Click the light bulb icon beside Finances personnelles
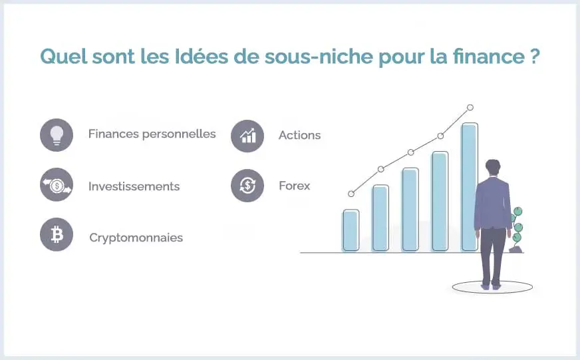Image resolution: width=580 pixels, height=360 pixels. click(x=57, y=135)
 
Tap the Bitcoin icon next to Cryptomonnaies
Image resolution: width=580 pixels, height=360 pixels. click(x=57, y=235)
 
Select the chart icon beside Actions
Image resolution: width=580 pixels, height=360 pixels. click(x=247, y=136)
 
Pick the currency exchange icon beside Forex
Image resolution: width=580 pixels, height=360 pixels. click(x=247, y=186)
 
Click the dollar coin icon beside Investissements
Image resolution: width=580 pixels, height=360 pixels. click(x=57, y=185)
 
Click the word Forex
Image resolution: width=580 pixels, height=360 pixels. click(x=294, y=186)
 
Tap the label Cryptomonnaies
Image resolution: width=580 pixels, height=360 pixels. click(x=136, y=238)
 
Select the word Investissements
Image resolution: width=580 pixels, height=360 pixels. click(x=134, y=186)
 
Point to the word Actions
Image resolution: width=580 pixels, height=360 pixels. click(x=299, y=135)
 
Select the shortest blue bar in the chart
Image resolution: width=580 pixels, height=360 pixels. click(x=351, y=231)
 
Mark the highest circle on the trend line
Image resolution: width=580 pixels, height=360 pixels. click(x=470, y=107)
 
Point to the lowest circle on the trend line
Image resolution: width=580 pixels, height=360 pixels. click(x=351, y=194)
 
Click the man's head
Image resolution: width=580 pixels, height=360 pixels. click(x=492, y=167)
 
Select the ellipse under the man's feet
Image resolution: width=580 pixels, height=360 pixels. click(x=492, y=287)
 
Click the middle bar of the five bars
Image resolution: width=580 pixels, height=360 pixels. click(x=410, y=210)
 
